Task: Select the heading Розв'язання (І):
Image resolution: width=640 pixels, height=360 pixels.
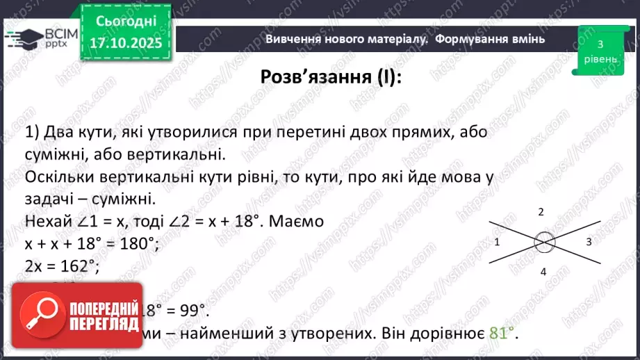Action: coord(331,77)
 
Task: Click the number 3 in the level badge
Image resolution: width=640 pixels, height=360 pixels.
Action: coord(599,44)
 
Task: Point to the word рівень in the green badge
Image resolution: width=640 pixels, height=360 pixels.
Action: coord(599,60)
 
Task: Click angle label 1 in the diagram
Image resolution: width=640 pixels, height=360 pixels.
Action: coord(498,243)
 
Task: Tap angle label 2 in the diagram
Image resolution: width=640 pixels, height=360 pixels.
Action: coord(541,211)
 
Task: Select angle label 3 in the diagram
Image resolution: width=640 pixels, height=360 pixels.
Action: coord(589,242)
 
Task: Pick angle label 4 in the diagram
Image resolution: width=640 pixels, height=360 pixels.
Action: coord(543,272)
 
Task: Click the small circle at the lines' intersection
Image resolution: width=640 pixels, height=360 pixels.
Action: coord(545,243)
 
